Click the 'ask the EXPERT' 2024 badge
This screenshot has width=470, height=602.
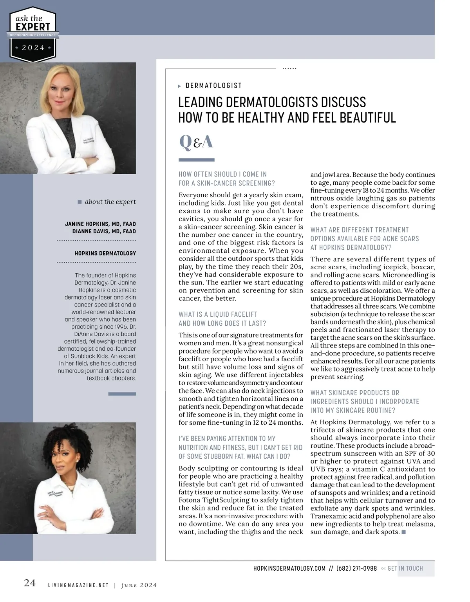tap(33, 34)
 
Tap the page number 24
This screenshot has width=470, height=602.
tap(30, 583)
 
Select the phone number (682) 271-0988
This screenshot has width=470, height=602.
tap(356, 568)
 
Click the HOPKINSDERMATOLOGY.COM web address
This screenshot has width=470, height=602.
tap(289, 568)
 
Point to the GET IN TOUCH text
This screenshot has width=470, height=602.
tap(405, 568)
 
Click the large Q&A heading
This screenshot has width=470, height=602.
tap(196, 142)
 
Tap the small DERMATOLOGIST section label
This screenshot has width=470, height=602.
tap(213, 85)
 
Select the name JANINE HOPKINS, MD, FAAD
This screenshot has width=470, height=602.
tap(100, 224)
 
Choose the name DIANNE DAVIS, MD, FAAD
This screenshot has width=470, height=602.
tap(104, 231)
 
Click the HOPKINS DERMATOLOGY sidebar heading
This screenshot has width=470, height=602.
tap(105, 253)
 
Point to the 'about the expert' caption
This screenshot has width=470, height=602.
tap(110, 202)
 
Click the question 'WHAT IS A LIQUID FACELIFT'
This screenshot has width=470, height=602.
tap(218, 314)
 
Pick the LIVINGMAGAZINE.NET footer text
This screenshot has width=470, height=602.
tap(78, 585)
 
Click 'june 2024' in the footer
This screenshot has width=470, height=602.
tap(139, 585)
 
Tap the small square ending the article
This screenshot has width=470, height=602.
tap(404, 532)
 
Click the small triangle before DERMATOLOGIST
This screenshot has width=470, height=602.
tap(179, 86)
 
